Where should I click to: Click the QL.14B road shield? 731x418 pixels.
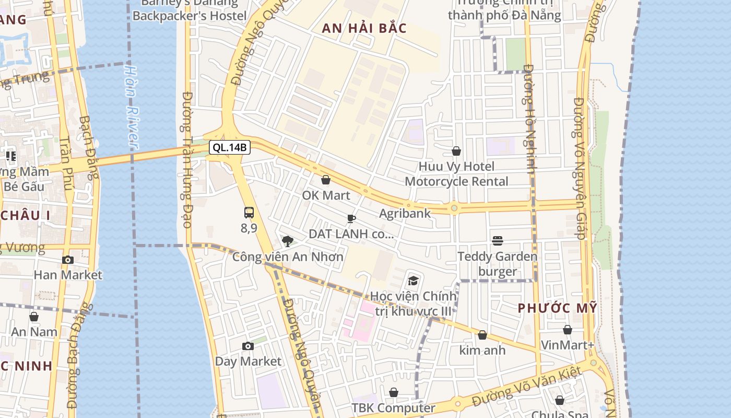pos(230,147)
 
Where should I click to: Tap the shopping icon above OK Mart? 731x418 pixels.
pos(326,180)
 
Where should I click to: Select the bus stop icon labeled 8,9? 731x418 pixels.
pos(249,213)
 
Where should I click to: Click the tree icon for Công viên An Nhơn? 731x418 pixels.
pos(287,241)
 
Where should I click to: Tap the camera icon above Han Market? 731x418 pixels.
pos(67,260)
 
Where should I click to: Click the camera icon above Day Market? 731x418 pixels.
pos(248,346)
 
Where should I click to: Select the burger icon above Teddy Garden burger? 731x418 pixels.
pos(497,241)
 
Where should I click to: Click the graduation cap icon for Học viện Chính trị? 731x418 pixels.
pos(413,281)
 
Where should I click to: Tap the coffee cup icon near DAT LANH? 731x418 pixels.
pos(351,218)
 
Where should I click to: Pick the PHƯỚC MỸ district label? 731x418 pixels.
pos(557,308)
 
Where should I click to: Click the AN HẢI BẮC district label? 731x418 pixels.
pos(364,28)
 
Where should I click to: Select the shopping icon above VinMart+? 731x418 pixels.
pos(567,330)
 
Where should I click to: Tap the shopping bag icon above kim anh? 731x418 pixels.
pos(482,335)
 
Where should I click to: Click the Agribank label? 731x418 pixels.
pos(405,213)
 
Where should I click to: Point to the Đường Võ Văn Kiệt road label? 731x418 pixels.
pos(526,387)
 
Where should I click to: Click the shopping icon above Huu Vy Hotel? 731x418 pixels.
pos(456,151)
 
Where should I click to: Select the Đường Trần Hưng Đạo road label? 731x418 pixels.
pos(187,159)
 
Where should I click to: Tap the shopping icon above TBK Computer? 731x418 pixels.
pos(394,392)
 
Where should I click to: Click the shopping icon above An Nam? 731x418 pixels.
pos(34,317)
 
